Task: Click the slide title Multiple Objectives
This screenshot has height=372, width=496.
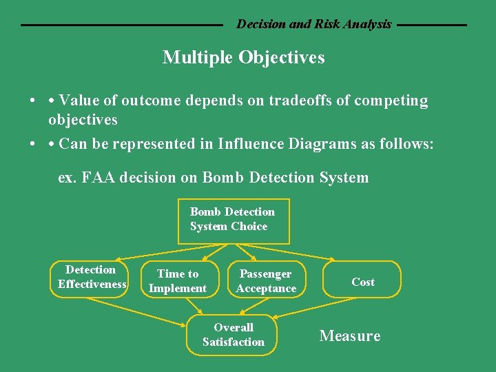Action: click(243, 58)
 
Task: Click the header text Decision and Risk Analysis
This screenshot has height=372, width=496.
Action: click(313, 24)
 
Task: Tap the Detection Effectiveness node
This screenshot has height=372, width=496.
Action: click(91, 278)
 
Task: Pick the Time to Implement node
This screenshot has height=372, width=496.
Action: click(178, 281)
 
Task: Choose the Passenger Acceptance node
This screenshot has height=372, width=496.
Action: click(266, 281)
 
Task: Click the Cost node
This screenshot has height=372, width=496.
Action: click(362, 282)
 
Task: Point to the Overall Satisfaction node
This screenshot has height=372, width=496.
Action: click(233, 335)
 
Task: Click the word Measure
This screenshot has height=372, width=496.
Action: click(349, 336)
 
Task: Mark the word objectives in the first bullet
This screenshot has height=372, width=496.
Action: click(83, 120)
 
